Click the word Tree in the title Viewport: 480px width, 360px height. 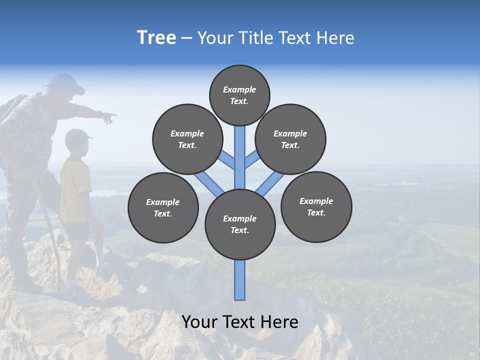[156, 38]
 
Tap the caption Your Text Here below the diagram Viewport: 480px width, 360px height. [239, 322]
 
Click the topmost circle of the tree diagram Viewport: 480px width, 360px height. [239, 95]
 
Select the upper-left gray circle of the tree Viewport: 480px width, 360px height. [187, 139]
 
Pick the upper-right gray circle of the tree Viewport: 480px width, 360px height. [290, 139]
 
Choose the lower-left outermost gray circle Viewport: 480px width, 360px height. [163, 207]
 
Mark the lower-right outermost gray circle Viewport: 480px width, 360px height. [316, 206]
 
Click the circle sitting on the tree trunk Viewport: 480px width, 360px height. [240, 224]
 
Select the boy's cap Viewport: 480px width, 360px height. [77, 135]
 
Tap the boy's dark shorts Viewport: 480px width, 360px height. [77, 230]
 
